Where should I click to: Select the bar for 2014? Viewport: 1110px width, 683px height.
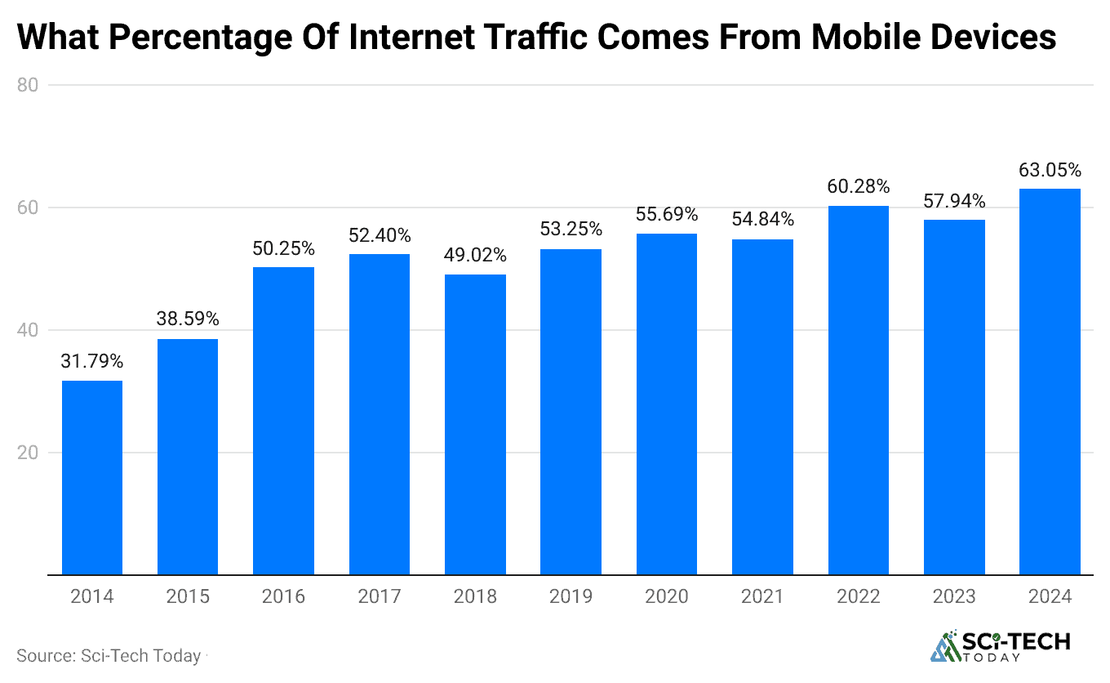point(92,478)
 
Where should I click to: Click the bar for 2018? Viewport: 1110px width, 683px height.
point(475,425)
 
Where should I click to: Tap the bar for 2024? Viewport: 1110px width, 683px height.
point(1050,382)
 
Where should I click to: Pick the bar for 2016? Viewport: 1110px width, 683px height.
point(283,421)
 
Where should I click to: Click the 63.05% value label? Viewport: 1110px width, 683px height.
point(1050,171)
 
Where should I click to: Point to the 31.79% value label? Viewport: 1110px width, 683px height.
point(92,361)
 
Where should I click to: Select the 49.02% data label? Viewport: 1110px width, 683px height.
point(475,256)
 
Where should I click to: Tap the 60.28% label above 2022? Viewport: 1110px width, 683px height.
point(858,187)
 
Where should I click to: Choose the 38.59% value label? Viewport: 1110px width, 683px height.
point(188,319)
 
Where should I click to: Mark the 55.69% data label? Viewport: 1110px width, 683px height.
point(667,215)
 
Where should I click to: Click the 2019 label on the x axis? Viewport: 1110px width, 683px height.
point(571,597)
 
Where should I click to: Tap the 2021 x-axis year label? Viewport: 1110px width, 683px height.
point(762,597)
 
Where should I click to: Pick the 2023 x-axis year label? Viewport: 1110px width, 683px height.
point(954,597)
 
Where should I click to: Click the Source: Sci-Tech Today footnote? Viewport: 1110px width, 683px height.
point(109,656)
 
